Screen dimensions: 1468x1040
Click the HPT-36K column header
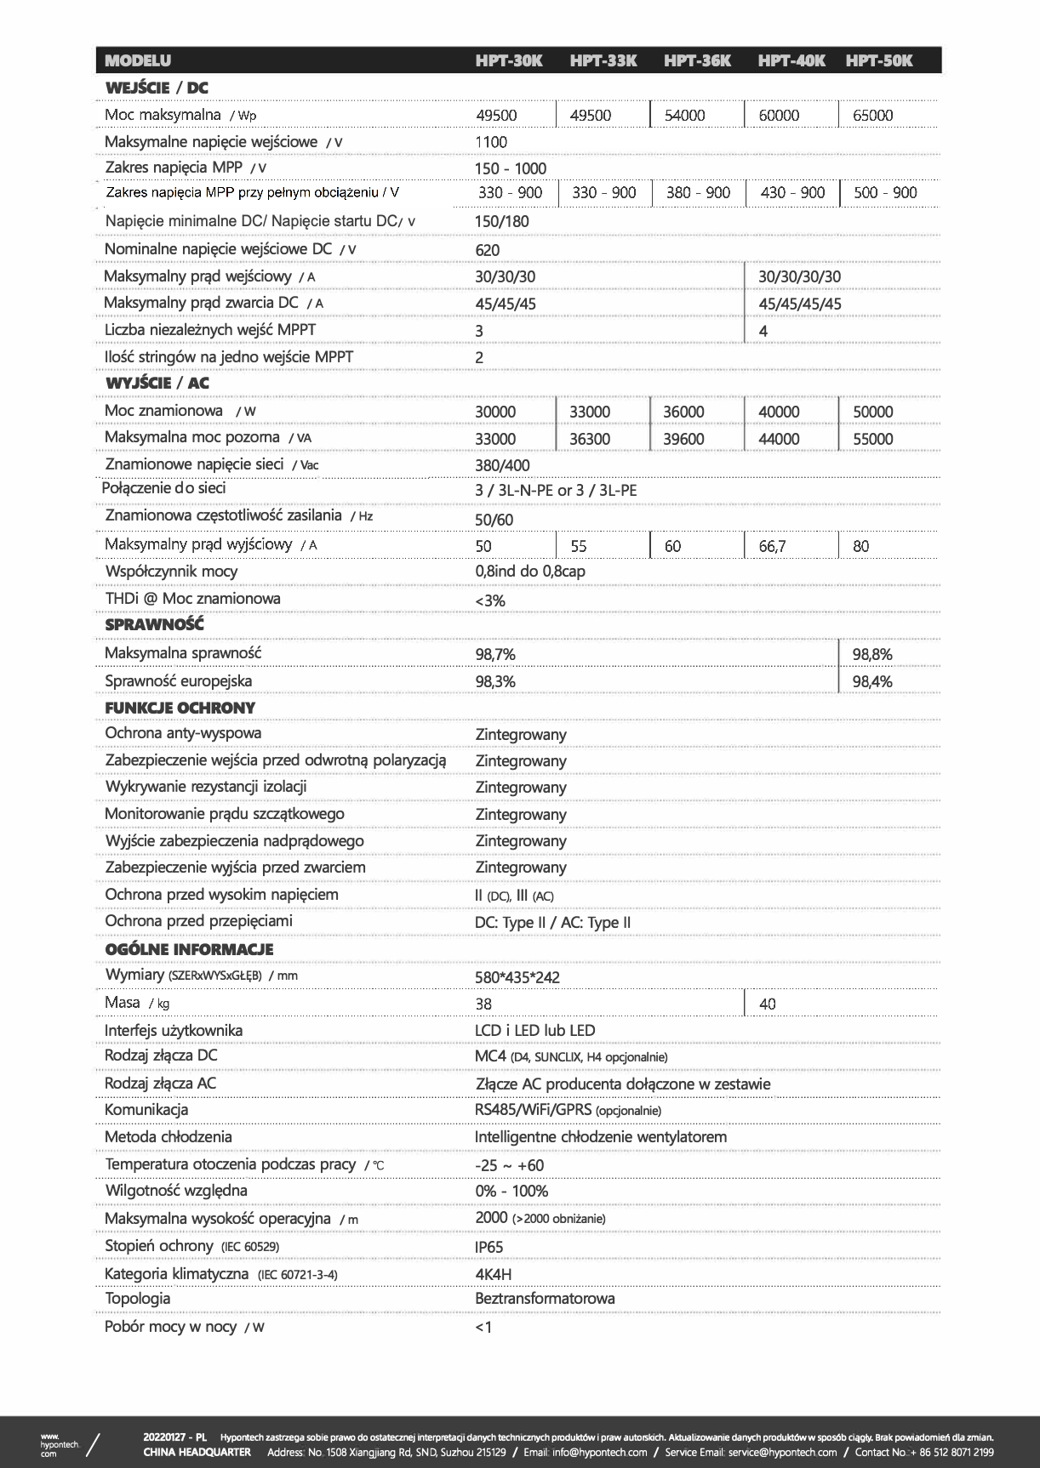[x=697, y=60]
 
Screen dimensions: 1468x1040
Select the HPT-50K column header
[x=879, y=60]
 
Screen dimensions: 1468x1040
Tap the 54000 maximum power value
[x=684, y=116]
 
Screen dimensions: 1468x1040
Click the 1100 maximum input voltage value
[x=491, y=142]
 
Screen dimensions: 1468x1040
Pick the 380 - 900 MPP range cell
[x=698, y=192]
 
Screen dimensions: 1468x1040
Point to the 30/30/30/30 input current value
[x=799, y=276]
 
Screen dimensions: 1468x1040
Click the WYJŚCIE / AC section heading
[x=157, y=383]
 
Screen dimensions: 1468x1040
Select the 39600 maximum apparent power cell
[x=683, y=439]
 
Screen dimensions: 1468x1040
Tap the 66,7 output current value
[x=772, y=546]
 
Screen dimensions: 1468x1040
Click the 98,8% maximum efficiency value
[x=872, y=654]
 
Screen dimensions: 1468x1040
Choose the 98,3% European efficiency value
[x=495, y=681]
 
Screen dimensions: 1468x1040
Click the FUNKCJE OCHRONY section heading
[x=180, y=708]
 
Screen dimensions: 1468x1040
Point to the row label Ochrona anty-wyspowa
[x=183, y=733]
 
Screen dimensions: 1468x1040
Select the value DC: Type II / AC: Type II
[x=552, y=923]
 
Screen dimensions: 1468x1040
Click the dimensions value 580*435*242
[x=517, y=977]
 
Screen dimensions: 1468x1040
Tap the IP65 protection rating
[x=489, y=1247]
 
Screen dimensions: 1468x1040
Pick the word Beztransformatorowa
[x=545, y=1299]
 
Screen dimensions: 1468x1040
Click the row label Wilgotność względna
[x=176, y=1190]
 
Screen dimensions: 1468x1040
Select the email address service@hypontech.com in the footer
[x=783, y=1452]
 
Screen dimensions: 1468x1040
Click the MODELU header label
[x=138, y=60]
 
